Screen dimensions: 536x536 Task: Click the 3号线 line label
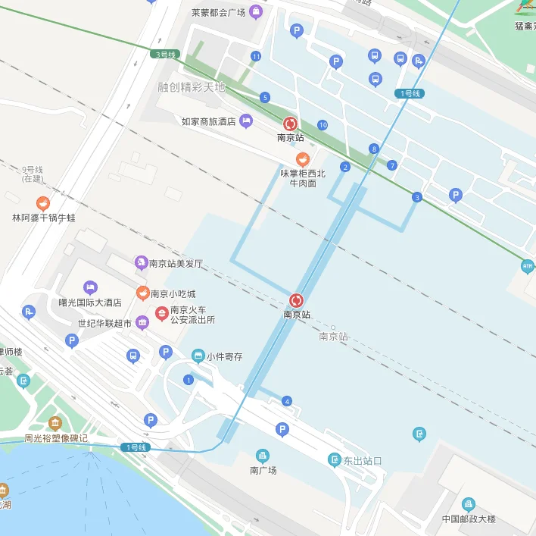[164, 55]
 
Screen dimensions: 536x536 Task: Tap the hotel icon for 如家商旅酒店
[246, 121]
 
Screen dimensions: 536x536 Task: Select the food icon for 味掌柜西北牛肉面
[303, 159]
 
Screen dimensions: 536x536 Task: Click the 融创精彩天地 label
[192, 87]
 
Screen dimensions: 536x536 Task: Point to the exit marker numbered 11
[256, 56]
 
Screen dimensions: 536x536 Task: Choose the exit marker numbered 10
[323, 125]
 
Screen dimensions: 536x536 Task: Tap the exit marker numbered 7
[391, 165]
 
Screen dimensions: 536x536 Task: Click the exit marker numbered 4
[286, 401]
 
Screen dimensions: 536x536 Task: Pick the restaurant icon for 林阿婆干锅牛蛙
[43, 203]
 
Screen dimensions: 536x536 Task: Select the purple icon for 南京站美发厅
[140, 263]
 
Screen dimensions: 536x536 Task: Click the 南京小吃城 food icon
[142, 293]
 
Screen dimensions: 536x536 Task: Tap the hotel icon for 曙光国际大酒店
[90, 287]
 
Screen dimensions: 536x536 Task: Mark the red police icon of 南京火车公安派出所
[161, 313]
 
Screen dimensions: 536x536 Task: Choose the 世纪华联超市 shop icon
[142, 323]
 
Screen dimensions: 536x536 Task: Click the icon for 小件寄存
[198, 356]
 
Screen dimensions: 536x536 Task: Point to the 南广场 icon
[263, 456]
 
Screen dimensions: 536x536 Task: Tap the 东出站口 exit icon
[335, 459]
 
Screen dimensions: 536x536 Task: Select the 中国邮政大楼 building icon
[469, 505]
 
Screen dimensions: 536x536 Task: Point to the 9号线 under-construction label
[33, 174]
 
